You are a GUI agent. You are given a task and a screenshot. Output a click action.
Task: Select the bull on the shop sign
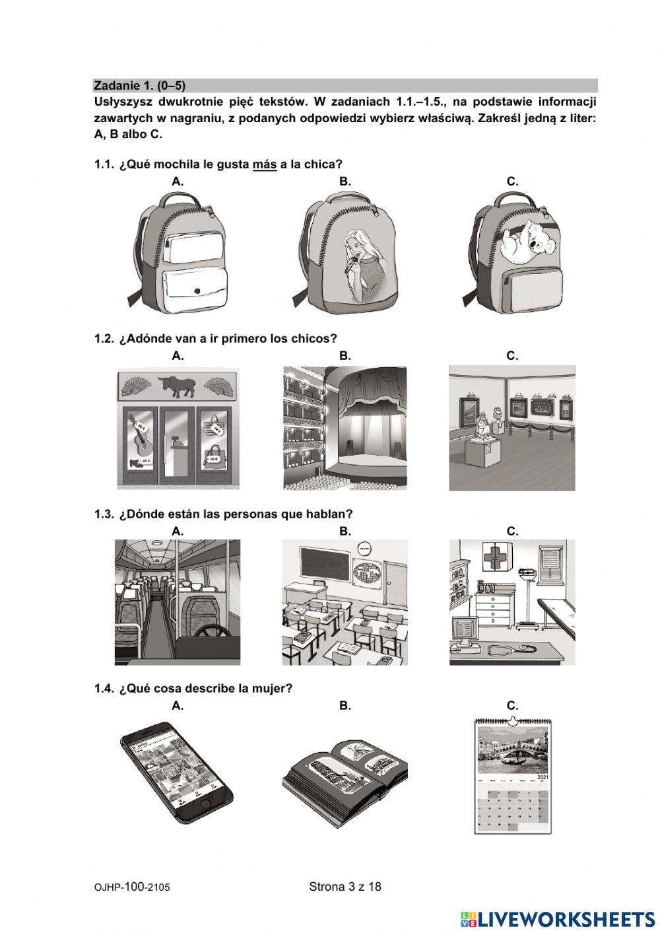pos(178,386)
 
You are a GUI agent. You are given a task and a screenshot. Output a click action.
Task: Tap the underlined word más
pos(265,164)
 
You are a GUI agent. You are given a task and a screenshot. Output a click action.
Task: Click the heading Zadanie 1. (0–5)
pos(139,86)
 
